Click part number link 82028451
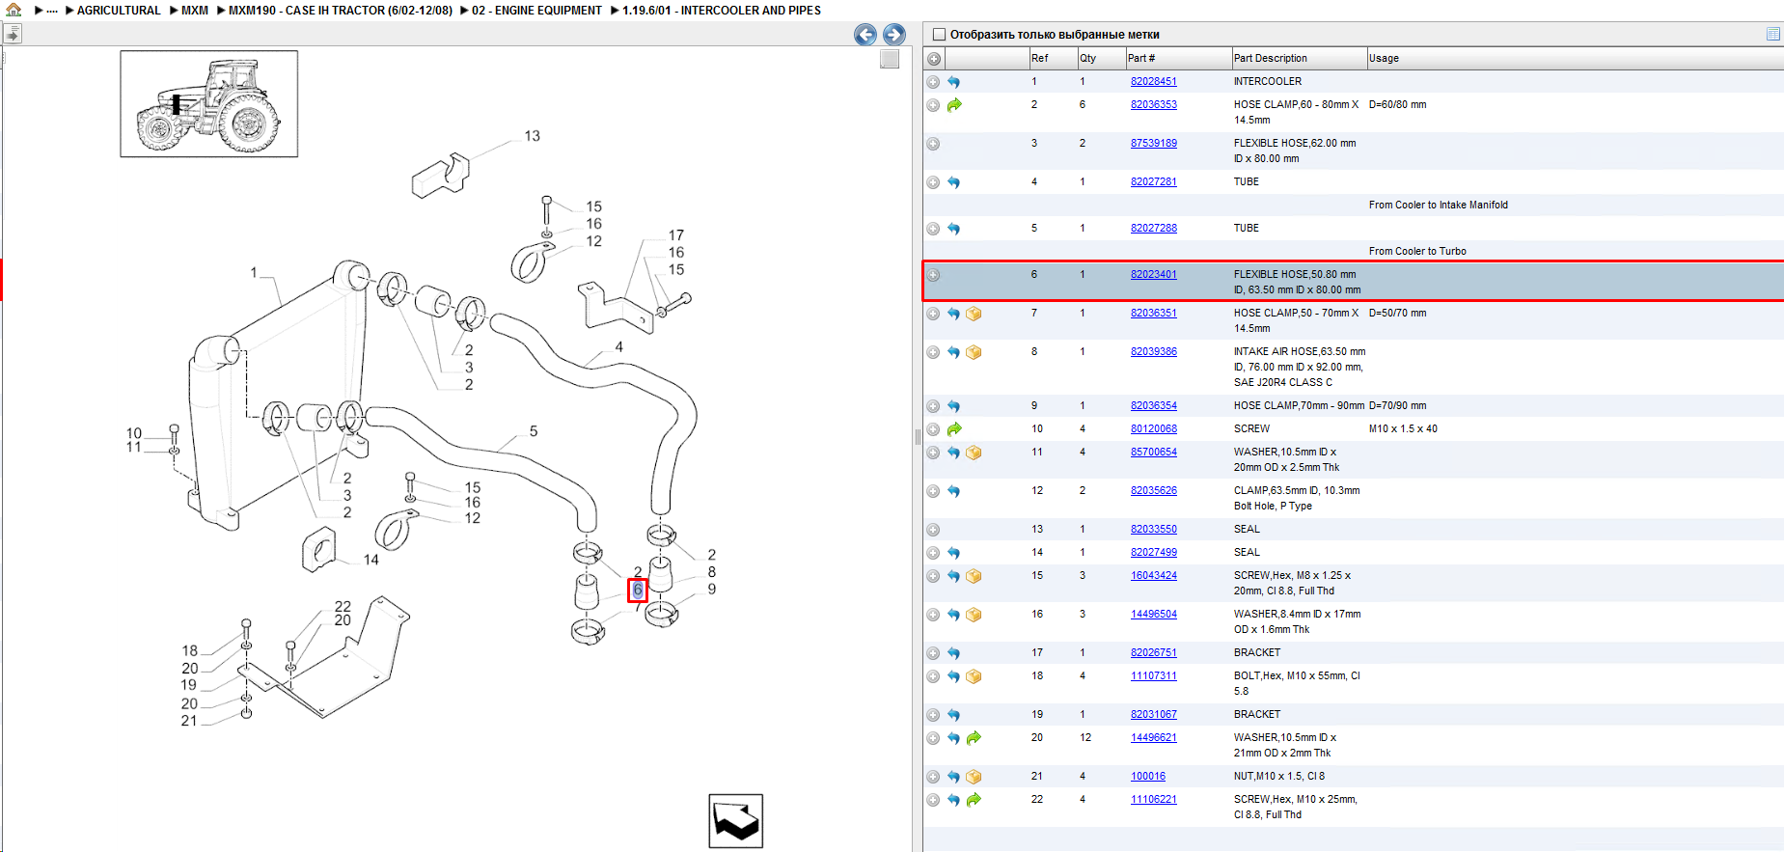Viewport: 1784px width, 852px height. pos(1153,82)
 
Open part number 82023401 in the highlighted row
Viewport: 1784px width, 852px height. pos(1153,275)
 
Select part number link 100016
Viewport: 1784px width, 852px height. pos(1148,777)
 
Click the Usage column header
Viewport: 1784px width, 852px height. pos(1384,59)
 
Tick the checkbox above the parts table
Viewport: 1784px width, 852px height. pos(939,35)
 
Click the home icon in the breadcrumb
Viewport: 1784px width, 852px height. pos(14,10)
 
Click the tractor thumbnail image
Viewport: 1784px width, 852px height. pos(209,104)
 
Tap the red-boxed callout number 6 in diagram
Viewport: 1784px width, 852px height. pos(638,590)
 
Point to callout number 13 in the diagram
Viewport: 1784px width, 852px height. pos(532,136)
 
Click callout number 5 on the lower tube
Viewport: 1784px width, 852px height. pos(534,431)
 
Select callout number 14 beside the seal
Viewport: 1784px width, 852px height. pos(371,560)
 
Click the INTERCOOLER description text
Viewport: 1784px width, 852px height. pos(1267,82)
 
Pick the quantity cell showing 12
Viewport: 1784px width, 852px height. pos(1085,738)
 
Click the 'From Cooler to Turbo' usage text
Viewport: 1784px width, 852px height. pos(1417,252)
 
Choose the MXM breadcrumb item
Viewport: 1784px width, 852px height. pos(195,11)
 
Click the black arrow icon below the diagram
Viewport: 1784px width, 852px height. pos(736,821)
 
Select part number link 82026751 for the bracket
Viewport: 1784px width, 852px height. pos(1153,653)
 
